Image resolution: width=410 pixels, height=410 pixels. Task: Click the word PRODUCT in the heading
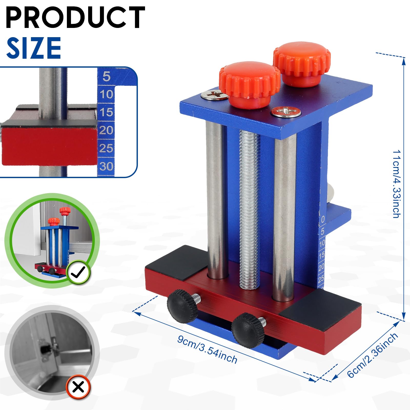pyautogui.click(x=75, y=17)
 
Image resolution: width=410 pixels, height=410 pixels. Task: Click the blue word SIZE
pyautogui.click(x=34, y=48)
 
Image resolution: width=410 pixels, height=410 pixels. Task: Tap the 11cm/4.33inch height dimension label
pyautogui.click(x=396, y=184)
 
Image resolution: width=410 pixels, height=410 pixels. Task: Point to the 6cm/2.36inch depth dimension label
pyautogui.click(x=373, y=355)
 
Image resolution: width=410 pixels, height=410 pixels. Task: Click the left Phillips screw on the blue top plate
pyautogui.click(x=214, y=94)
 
